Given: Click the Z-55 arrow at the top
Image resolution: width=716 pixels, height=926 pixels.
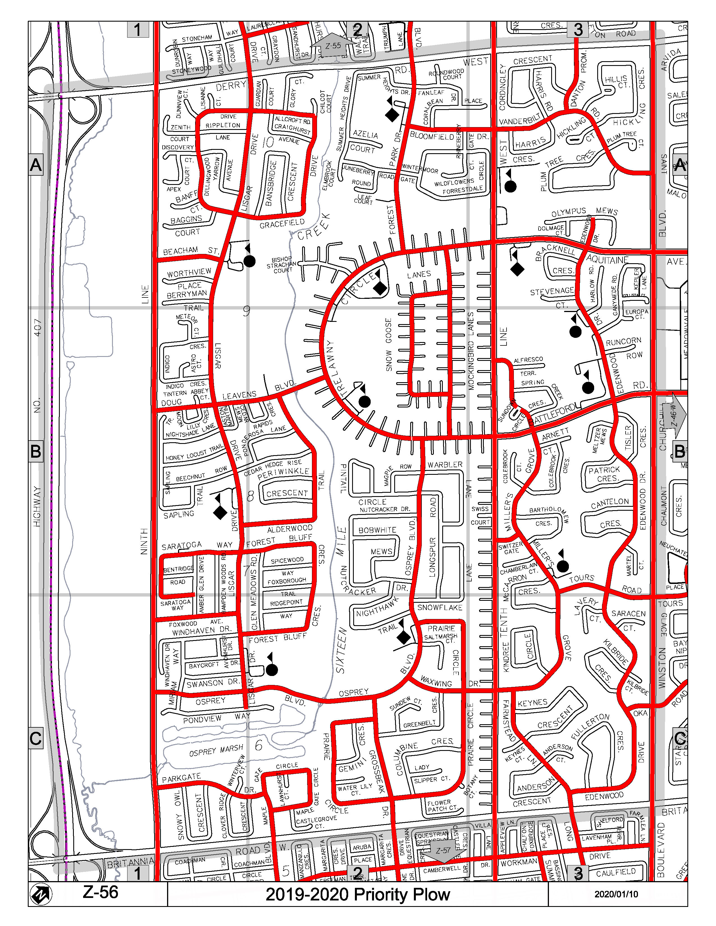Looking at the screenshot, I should (x=333, y=46).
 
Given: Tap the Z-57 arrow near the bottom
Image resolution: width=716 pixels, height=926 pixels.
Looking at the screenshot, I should (x=443, y=850).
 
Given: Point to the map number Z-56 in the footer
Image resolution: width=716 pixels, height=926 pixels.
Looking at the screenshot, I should (x=100, y=892).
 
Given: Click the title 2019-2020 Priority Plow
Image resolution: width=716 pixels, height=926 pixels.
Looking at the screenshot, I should (x=357, y=894).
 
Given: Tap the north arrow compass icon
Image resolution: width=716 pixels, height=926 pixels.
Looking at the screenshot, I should (x=41, y=895).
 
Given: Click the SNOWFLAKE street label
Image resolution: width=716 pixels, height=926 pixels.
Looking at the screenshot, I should (x=439, y=608).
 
